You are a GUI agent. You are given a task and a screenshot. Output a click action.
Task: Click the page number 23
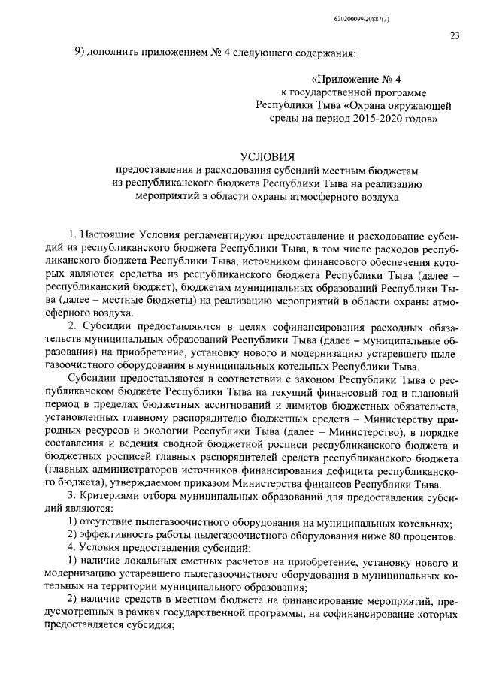click(455, 35)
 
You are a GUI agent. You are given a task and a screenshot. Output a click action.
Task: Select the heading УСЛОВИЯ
click(268, 156)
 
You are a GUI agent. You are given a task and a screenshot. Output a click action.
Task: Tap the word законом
click(311, 379)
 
